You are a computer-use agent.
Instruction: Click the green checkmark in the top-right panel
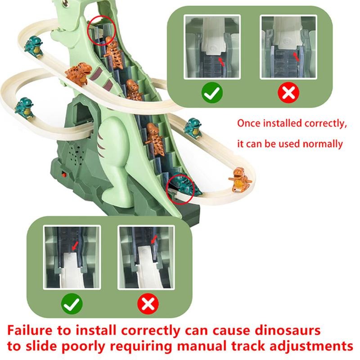pyautogui.click(x=211, y=93)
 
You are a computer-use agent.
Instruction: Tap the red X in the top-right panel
pyautogui.click(x=289, y=93)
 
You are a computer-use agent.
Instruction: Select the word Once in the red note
pyautogui.click(x=249, y=123)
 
